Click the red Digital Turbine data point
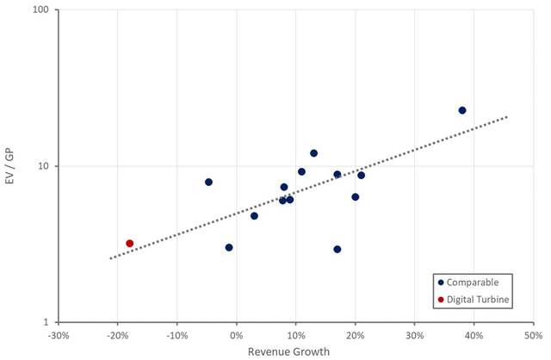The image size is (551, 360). coord(130,244)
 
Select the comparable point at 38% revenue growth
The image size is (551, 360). coord(462,110)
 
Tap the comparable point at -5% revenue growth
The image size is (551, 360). coord(208,182)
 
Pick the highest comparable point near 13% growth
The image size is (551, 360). coord(313,153)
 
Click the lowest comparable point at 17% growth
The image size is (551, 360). coord(337,249)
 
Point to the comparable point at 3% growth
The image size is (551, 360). coord(255,215)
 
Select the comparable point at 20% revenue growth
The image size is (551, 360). coord(356,196)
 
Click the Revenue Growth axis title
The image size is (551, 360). coord(295,351)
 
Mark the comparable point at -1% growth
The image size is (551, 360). coord(229,247)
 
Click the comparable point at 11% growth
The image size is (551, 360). coord(301,171)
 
